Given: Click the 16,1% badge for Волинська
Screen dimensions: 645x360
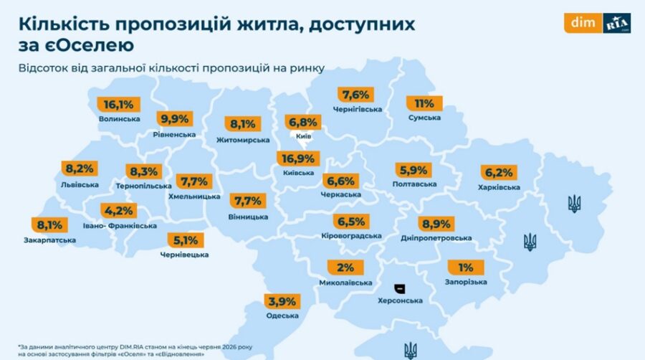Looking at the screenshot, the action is pyautogui.click(x=118, y=105).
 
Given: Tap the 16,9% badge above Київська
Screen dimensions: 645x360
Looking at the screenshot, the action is pyautogui.click(x=298, y=158).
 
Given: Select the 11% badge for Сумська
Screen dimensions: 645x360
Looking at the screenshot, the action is pyautogui.click(x=424, y=104).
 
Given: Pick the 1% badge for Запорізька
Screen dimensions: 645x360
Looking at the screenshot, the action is pyautogui.click(x=466, y=267).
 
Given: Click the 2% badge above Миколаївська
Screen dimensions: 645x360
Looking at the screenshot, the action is pyautogui.click(x=345, y=267).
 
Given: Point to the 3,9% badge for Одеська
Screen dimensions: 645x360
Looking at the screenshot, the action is pyautogui.click(x=282, y=302).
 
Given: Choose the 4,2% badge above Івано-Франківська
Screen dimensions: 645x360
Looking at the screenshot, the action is pyautogui.click(x=119, y=211).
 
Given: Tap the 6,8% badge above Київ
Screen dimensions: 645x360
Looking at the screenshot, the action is pyautogui.click(x=303, y=122).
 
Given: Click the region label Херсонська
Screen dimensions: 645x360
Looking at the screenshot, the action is pyautogui.click(x=400, y=300).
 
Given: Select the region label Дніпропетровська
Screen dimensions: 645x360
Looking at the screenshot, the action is pyautogui.click(x=436, y=238).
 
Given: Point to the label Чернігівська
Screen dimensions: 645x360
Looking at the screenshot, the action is pyautogui.click(x=358, y=110).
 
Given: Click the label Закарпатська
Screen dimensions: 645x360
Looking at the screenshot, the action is pyautogui.click(x=49, y=240).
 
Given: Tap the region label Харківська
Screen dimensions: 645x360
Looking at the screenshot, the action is pyautogui.click(x=499, y=188).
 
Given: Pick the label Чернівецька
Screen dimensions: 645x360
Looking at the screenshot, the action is pyautogui.click(x=184, y=255).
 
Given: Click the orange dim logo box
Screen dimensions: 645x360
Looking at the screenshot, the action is pyautogui.click(x=583, y=23).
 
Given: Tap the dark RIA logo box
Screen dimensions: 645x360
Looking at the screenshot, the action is pyautogui.click(x=616, y=23).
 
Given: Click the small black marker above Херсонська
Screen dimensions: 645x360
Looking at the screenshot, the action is pyautogui.click(x=399, y=288).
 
